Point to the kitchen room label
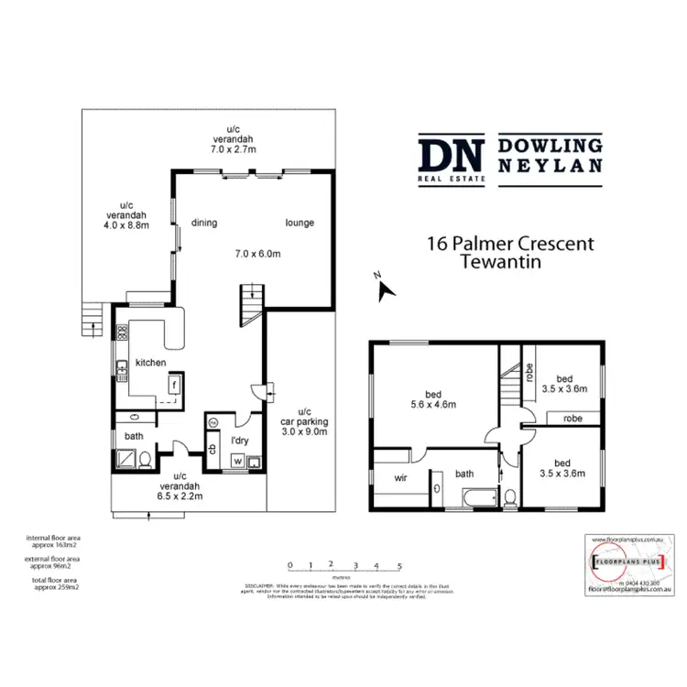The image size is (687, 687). click(150, 363)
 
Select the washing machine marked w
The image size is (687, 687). click(237, 461)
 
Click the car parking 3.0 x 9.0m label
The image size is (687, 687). click(304, 427)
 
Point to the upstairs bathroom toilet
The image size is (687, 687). click(512, 496)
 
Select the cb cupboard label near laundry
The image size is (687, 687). click(213, 449)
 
